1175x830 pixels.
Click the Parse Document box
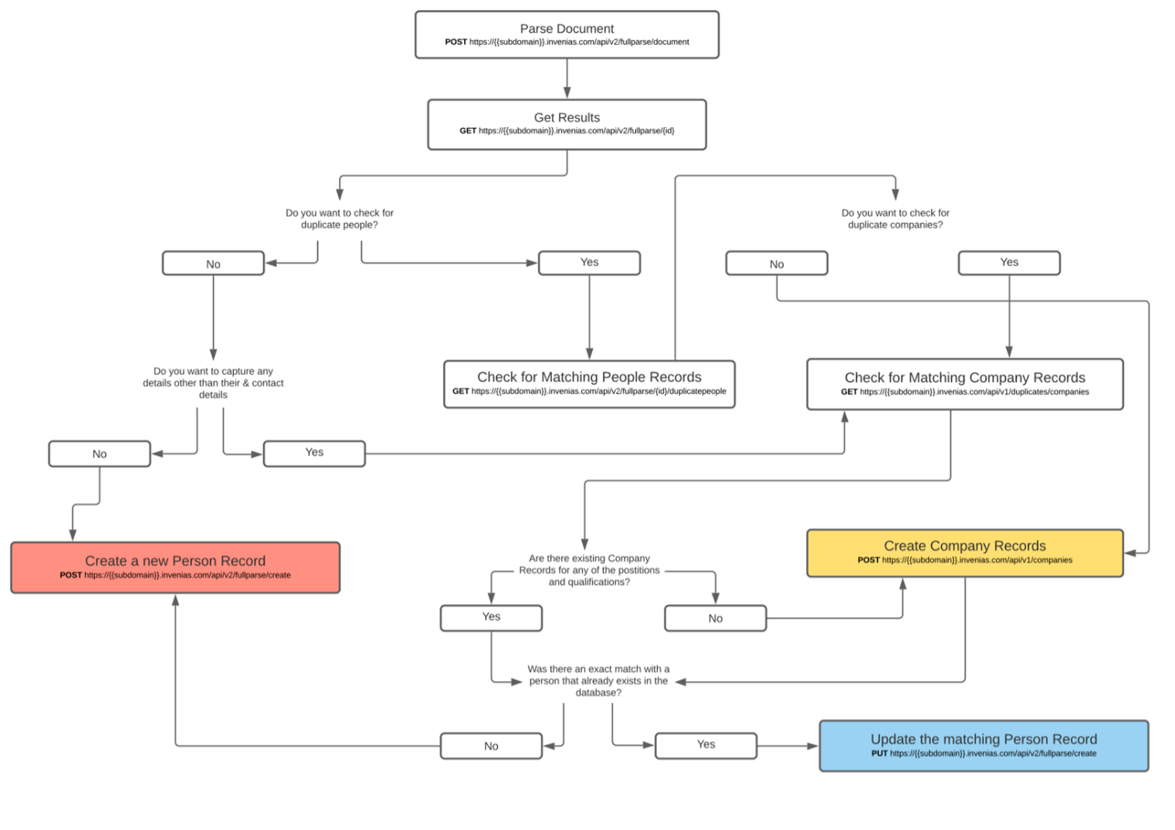point(567,35)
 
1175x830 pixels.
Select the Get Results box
point(567,124)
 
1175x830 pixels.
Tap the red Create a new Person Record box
point(175,568)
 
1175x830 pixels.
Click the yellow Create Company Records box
point(964,552)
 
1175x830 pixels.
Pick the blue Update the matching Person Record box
point(984,746)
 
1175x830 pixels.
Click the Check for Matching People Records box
point(589,384)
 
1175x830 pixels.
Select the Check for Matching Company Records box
point(964,384)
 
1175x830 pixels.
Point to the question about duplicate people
point(340,219)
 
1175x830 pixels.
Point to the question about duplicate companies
point(896,219)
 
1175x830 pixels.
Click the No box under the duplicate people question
point(213,264)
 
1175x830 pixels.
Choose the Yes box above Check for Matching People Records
point(589,263)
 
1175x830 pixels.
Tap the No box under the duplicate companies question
point(777,264)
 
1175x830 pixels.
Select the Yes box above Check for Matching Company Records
point(1009,263)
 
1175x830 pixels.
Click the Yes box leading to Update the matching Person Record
point(706,745)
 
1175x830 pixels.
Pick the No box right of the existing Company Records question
point(715,619)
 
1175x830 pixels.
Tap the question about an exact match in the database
point(598,681)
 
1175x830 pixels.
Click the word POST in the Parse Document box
point(455,42)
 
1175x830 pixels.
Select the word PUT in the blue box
point(879,754)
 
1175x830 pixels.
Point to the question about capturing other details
point(213,383)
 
